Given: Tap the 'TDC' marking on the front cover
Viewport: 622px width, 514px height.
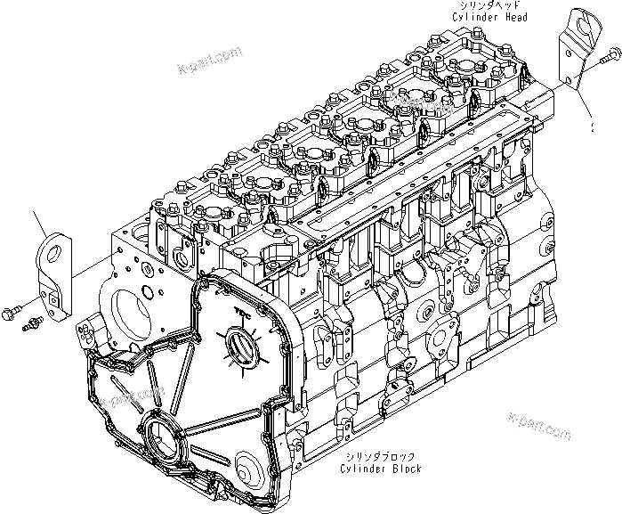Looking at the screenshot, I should point(240,312).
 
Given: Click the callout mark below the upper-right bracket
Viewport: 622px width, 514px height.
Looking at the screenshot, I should point(591,126).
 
